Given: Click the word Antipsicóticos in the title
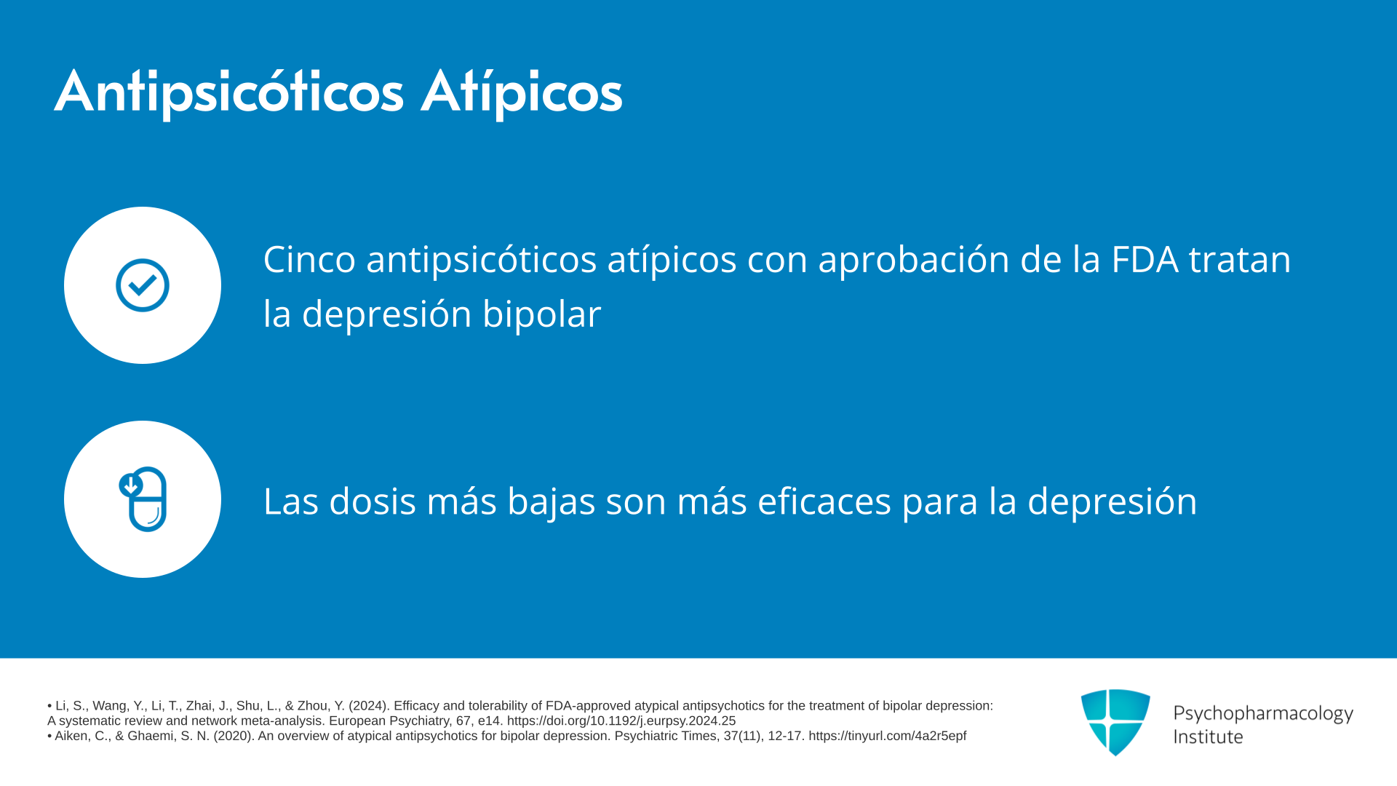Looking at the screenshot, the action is (x=229, y=92).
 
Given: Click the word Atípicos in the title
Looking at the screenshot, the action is (x=522, y=92).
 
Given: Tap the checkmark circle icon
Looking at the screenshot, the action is (x=143, y=285).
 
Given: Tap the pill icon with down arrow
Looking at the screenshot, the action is (x=143, y=499).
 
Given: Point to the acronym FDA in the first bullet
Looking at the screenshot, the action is (x=1145, y=259).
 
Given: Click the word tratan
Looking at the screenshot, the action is (x=1240, y=260).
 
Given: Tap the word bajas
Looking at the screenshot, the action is (x=552, y=502).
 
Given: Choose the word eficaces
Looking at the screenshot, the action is (x=824, y=501).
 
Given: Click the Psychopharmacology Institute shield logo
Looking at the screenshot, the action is (x=1115, y=722).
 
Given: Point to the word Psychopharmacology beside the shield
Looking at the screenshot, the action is (x=1263, y=714).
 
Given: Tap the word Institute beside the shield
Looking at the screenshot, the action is (x=1208, y=737).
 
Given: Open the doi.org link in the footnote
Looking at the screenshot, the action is (x=621, y=721).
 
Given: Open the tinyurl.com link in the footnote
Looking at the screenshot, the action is (x=888, y=737).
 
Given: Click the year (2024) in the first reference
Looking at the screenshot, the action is (x=367, y=706).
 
